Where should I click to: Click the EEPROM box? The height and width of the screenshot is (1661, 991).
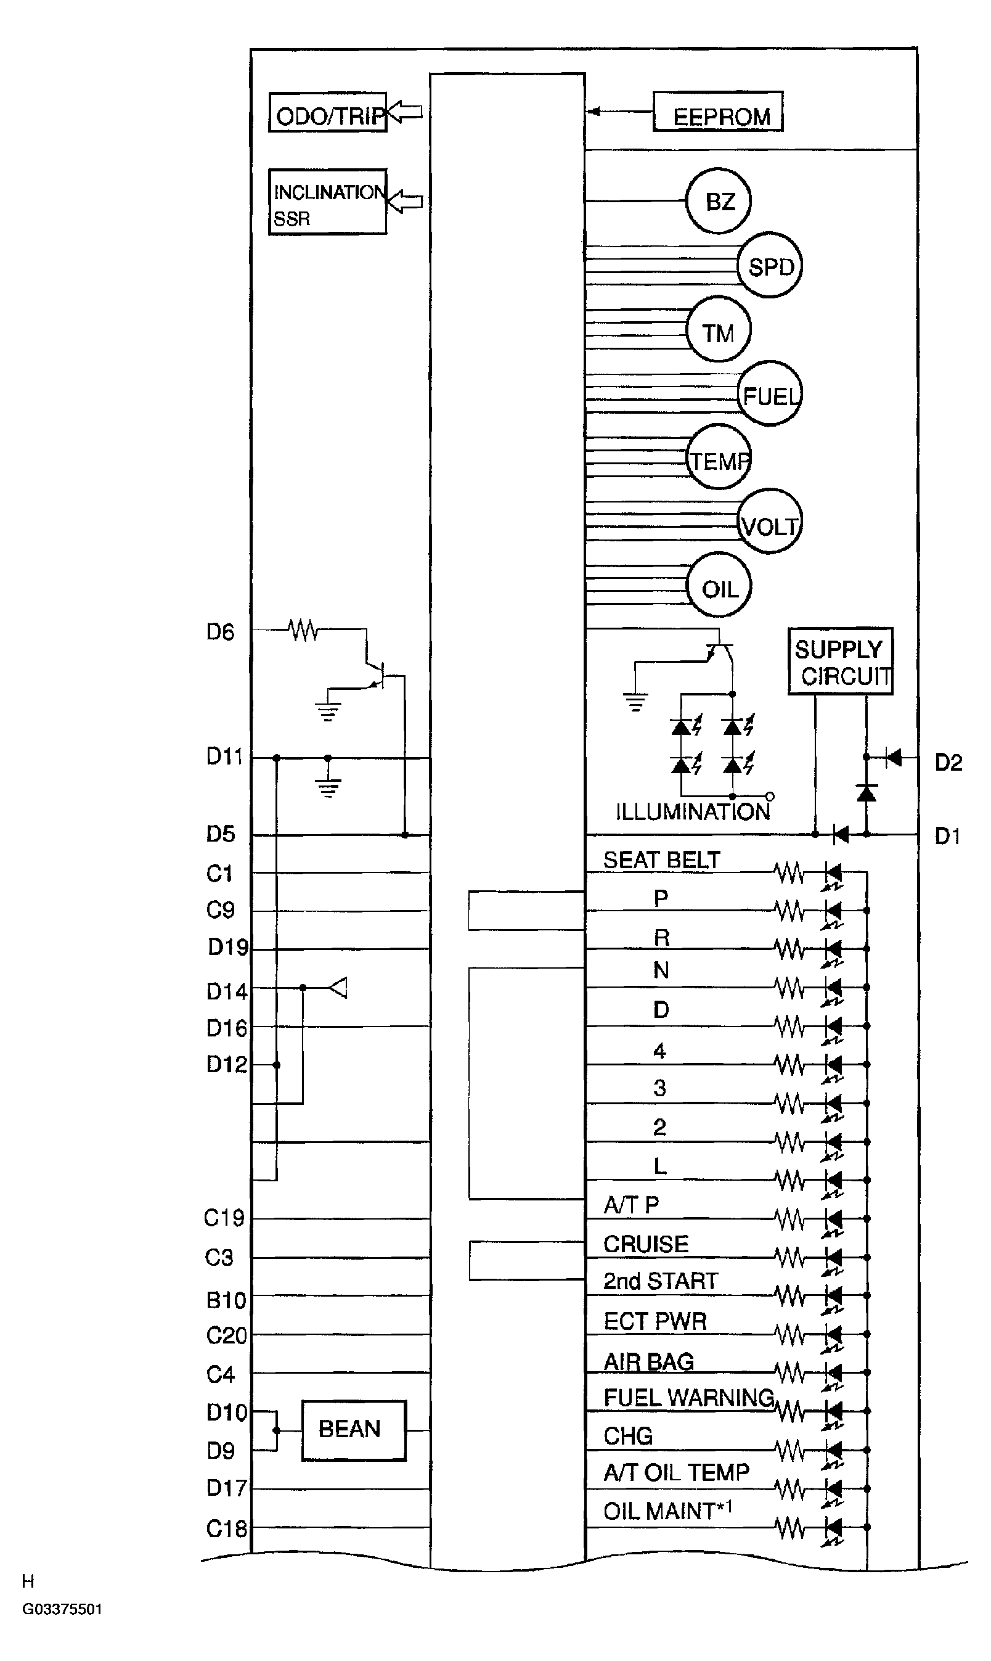click(x=717, y=112)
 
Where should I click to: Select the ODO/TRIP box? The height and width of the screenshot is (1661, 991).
click(x=327, y=113)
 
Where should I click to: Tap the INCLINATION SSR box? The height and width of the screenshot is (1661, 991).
click(x=327, y=202)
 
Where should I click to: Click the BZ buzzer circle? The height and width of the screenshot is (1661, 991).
click(x=719, y=201)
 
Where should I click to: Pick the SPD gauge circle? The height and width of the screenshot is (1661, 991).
click(x=769, y=266)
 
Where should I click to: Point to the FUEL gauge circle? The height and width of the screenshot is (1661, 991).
click(x=769, y=394)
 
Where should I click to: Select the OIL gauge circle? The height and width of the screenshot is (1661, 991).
click(x=719, y=586)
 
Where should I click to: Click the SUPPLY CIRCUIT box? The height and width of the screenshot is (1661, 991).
click(x=840, y=661)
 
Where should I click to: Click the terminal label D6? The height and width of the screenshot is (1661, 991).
click(x=221, y=632)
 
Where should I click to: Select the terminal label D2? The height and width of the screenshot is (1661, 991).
click(x=948, y=762)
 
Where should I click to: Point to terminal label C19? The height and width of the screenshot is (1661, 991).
click(x=224, y=1218)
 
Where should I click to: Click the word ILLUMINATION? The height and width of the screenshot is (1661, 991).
click(x=693, y=811)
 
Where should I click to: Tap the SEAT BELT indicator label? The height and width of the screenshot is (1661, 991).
click(x=661, y=860)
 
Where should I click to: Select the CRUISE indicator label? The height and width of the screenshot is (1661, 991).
click(x=646, y=1244)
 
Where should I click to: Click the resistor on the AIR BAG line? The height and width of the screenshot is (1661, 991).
click(x=791, y=1373)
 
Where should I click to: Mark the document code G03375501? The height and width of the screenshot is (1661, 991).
click(x=62, y=1609)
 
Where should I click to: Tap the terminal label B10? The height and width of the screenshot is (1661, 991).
click(x=226, y=1300)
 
